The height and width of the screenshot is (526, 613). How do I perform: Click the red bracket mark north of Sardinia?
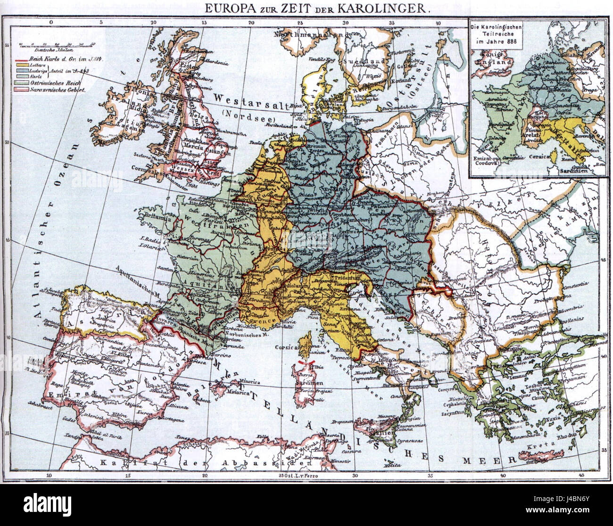pyautogui.click(x=309, y=362)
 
